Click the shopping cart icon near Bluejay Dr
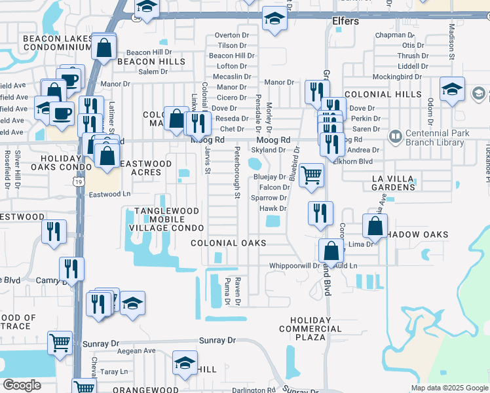[311, 175]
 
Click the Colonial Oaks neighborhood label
[228, 243]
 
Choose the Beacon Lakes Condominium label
[57, 43]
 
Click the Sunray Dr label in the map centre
[217, 341]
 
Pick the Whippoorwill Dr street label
[293, 266]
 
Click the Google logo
[22, 385]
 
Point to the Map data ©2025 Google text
[449, 388]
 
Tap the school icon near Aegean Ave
[185, 363]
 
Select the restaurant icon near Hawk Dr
[320, 213]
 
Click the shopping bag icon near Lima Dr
[375, 226]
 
